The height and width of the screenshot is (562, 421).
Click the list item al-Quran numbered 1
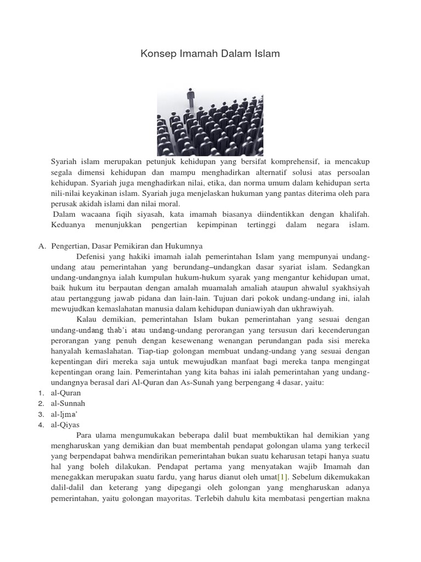(66, 392)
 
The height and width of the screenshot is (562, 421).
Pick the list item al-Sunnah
(69, 403)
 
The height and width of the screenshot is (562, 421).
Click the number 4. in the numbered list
(41, 424)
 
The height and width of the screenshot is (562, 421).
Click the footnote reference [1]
(282, 476)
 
